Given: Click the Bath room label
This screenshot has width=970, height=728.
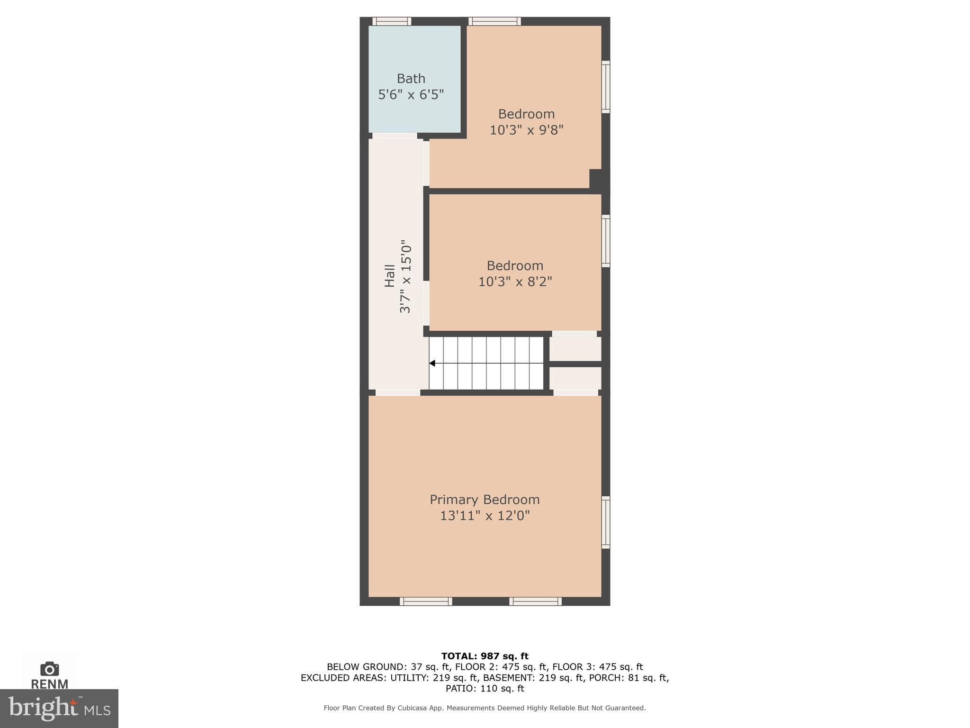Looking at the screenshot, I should tap(411, 78).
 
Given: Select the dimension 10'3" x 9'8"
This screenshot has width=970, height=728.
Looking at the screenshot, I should tap(526, 130).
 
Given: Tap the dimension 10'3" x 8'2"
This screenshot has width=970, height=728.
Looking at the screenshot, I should tap(515, 282).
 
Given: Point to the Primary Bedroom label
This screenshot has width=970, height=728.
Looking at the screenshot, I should tap(485, 500).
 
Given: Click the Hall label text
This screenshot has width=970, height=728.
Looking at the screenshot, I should tap(389, 276).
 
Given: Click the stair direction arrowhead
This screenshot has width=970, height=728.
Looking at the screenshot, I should tap(432, 364).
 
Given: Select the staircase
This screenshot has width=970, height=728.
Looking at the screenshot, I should tap(486, 363).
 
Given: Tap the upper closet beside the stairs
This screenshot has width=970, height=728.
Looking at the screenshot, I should tap(575, 349).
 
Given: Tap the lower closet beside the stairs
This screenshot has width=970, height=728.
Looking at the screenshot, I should tap(575, 378).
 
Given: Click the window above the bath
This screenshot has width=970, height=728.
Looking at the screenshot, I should tap(391, 21).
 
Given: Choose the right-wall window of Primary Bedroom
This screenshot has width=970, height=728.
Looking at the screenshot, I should tap(605, 522).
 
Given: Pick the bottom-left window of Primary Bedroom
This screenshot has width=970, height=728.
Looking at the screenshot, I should tap(426, 601).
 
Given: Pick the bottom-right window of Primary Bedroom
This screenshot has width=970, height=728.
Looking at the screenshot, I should tap(535, 601).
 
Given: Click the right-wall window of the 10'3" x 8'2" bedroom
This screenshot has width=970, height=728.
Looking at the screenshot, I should tap(605, 241).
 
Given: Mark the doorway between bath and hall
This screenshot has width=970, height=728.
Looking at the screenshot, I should tap(395, 136).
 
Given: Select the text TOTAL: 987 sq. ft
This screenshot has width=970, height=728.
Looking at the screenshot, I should tap(485, 656).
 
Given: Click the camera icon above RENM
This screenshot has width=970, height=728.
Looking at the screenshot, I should tap(49, 669).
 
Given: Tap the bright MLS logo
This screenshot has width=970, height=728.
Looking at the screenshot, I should tap(59, 708).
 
